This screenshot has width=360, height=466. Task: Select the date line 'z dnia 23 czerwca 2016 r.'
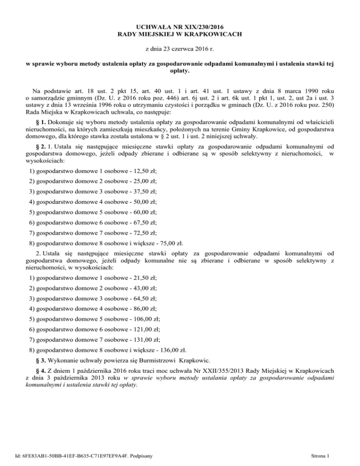pos(179,49)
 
